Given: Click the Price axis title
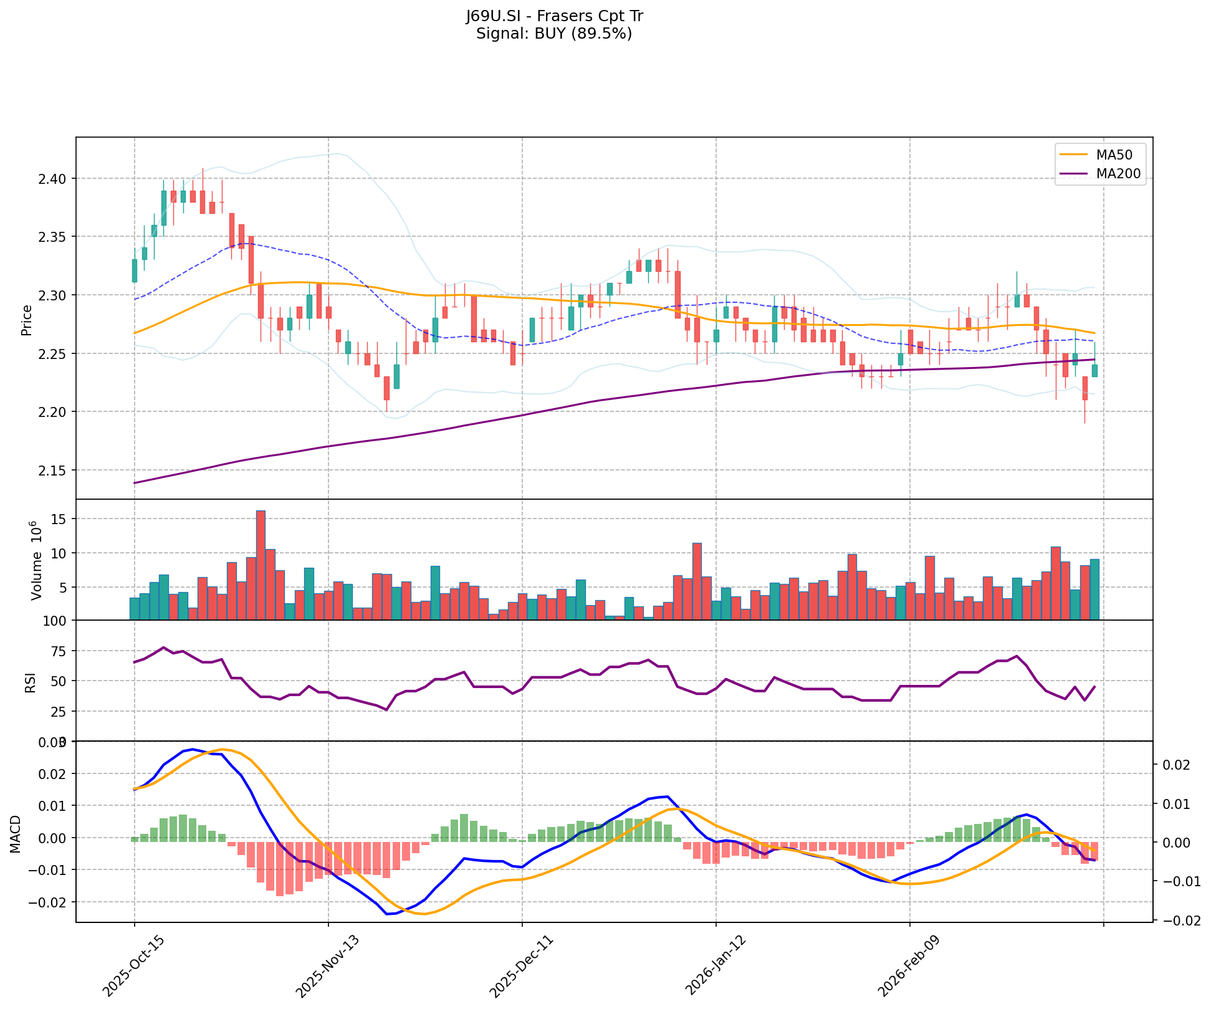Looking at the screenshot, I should pos(26,320).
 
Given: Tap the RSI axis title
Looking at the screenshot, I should pos(30,682).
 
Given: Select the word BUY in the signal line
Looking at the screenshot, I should pos(548,34).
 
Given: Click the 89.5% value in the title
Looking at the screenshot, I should pos(601,34).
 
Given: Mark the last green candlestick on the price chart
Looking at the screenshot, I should pos(1094,370).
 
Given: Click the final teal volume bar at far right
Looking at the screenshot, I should pos(1094,590).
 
